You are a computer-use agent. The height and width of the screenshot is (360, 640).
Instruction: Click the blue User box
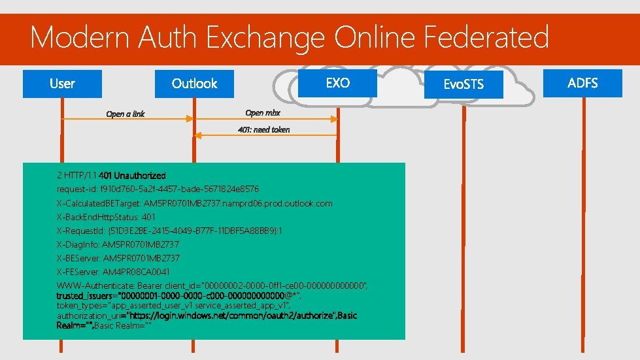[62, 84]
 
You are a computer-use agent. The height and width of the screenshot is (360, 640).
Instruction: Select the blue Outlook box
[194, 84]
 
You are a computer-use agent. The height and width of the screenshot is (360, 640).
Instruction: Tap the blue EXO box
[337, 83]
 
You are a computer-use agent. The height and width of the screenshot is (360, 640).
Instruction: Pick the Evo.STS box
[463, 85]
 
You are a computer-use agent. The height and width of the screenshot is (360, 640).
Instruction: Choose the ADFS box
[582, 83]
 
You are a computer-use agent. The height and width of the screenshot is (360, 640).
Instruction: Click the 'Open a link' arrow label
[126, 114]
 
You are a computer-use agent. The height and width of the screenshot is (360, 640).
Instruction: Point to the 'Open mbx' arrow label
[263, 113]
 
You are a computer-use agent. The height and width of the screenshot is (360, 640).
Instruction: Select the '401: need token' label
[263, 129]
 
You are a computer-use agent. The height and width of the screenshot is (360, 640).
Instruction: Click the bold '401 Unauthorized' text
[132, 175]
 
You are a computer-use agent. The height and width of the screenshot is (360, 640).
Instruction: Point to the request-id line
[158, 189]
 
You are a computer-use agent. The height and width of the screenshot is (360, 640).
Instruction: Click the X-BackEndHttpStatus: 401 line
[106, 217]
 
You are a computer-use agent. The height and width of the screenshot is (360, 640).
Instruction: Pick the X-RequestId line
[169, 231]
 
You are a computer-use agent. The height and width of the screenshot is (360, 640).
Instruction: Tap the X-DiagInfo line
[118, 244]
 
